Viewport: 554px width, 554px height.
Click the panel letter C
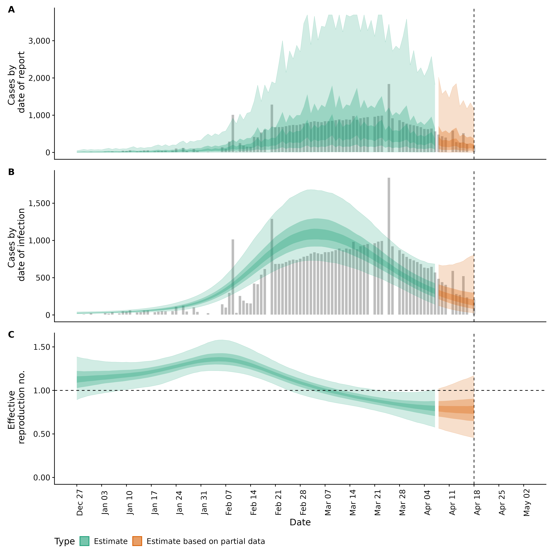[x=11, y=335]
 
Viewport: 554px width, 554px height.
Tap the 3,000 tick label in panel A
[x=39, y=41]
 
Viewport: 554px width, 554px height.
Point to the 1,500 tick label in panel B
[x=39, y=203]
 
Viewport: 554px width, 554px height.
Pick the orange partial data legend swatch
[x=137, y=541]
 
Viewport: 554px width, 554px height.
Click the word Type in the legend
[x=64, y=541]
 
